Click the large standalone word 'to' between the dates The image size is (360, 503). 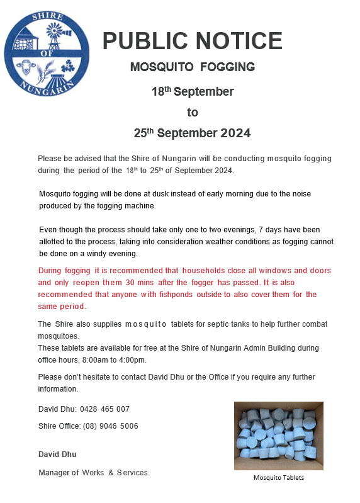coord(192,113)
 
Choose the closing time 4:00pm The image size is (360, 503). coord(131,359)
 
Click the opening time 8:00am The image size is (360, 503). coord(94,359)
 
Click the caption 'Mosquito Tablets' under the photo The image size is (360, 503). coord(278,478)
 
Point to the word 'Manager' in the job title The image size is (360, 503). coord(53,473)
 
